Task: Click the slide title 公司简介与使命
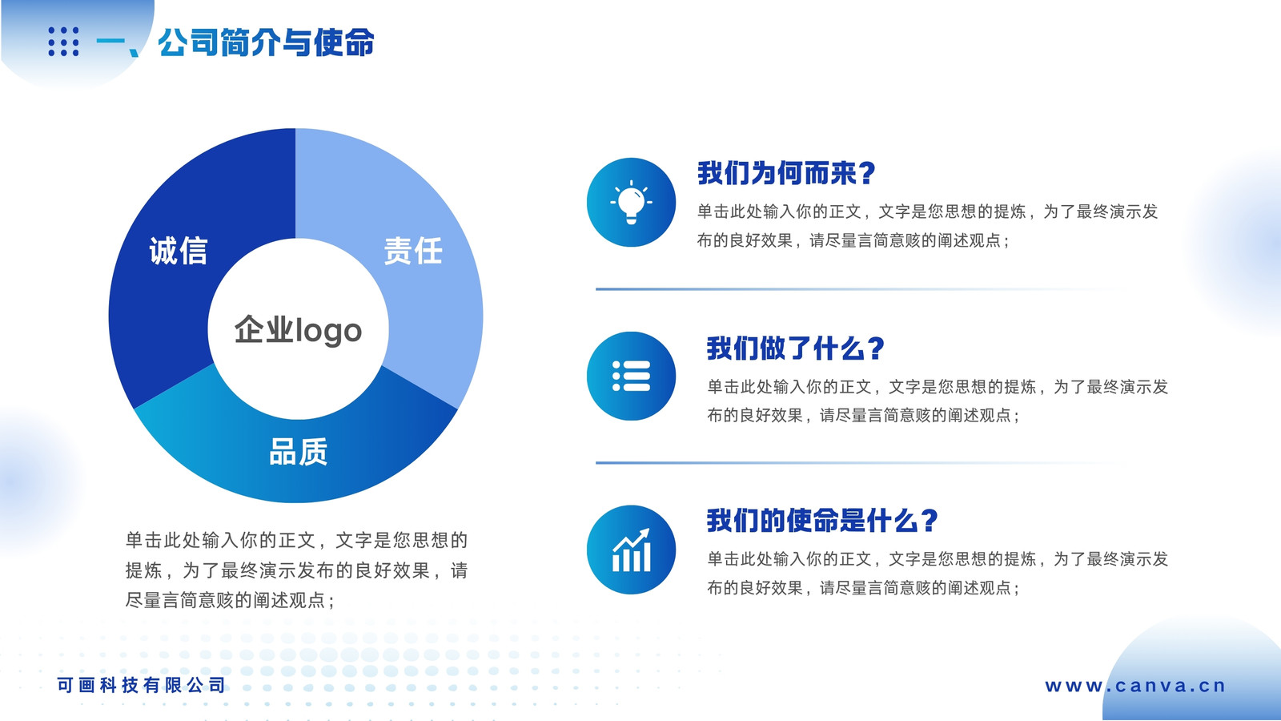click(x=266, y=42)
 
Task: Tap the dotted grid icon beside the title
click(x=63, y=41)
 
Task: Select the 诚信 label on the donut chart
click(x=179, y=252)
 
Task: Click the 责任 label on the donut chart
click(x=413, y=252)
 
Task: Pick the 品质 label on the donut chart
click(x=299, y=452)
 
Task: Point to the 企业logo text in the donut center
click(x=298, y=331)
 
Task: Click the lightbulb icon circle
click(x=632, y=202)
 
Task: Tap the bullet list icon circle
click(x=632, y=376)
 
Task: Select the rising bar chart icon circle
click(x=632, y=550)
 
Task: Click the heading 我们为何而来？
click(x=786, y=173)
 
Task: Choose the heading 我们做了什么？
click(x=796, y=348)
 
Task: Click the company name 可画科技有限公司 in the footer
click(x=141, y=685)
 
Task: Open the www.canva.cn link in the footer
click(x=1135, y=686)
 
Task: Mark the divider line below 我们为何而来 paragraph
click(x=857, y=289)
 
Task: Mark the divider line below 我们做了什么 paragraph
click(x=857, y=462)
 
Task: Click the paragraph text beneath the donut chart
click(x=297, y=570)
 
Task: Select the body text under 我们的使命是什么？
click(x=938, y=574)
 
